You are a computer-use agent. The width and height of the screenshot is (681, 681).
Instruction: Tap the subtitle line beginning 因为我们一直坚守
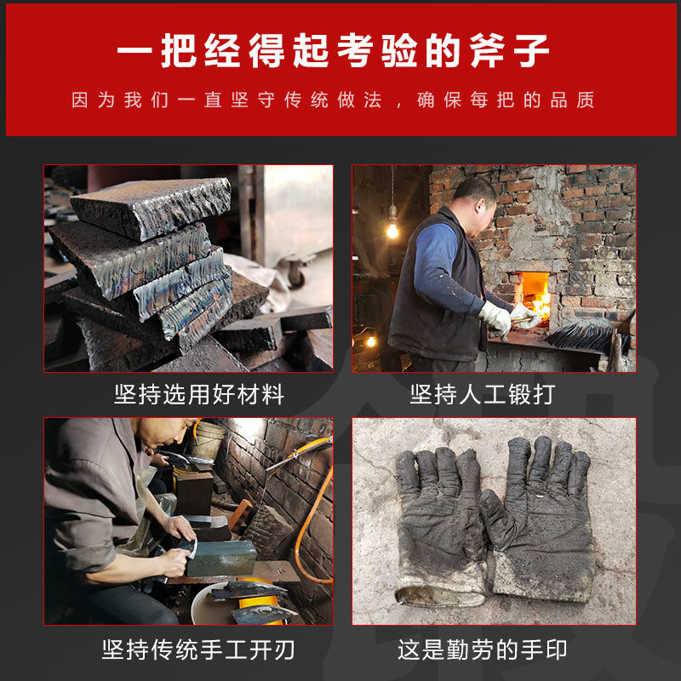tap(333, 100)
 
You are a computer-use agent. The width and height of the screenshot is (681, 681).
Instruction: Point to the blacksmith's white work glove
tap(495, 318)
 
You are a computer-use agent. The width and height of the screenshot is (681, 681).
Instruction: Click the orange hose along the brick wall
tap(306, 511)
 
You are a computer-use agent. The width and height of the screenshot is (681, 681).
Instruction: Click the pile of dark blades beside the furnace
tap(582, 335)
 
